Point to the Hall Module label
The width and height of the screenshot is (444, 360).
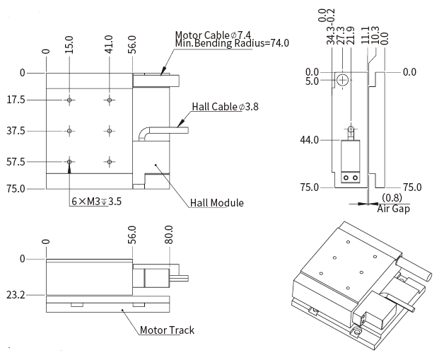coord(217,203)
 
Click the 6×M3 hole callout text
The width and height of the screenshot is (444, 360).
coord(97,202)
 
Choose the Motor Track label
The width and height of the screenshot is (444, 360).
coord(167,330)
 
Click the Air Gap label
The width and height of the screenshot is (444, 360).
coord(393,209)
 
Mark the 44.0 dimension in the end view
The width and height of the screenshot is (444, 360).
coord(309,139)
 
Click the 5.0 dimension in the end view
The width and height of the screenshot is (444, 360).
coord(312,81)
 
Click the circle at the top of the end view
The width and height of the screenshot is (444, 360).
coord(342,80)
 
